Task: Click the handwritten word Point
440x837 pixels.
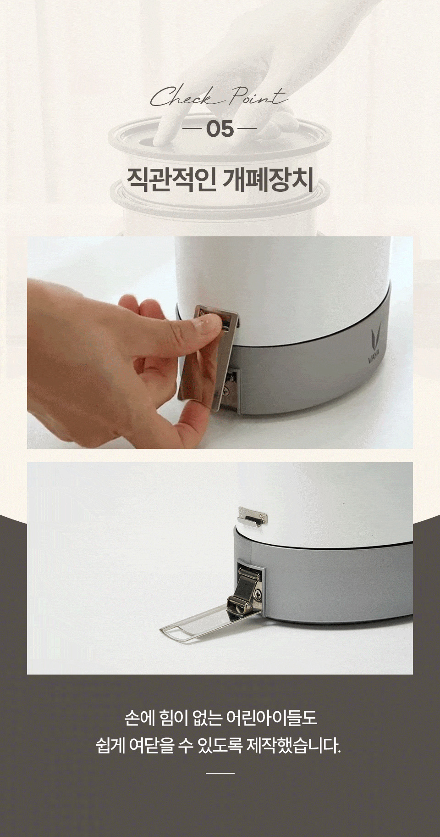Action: (x=258, y=96)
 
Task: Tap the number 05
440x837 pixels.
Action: (x=220, y=129)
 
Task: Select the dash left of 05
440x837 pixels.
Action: (x=192, y=129)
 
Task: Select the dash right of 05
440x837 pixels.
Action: (x=248, y=129)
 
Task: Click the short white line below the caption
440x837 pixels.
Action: (x=220, y=773)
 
